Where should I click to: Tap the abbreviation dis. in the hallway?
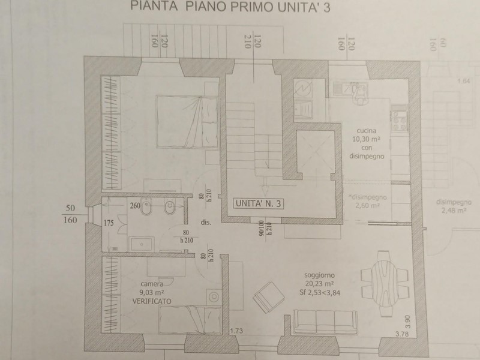206,223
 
